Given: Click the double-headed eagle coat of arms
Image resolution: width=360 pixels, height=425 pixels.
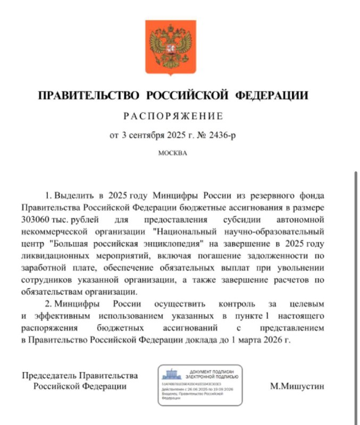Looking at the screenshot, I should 172,47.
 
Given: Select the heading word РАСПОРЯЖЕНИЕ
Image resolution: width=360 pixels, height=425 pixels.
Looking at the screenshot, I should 173,116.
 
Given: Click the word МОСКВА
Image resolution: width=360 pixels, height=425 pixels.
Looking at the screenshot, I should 173,153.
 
